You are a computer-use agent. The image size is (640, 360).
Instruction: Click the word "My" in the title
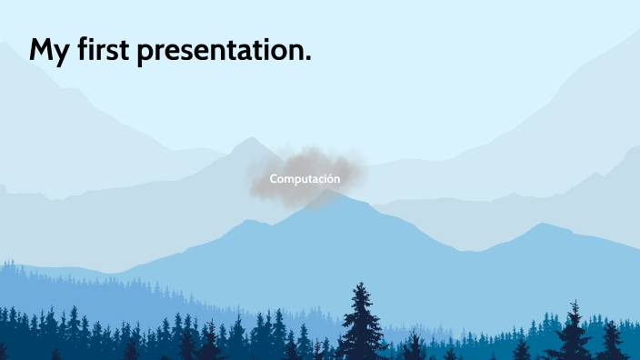coord(46,50)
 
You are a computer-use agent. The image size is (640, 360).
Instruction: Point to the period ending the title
coord(307,60)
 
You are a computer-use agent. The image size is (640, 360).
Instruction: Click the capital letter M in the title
coord(41,49)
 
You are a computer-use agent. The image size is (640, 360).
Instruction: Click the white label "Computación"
coord(305,179)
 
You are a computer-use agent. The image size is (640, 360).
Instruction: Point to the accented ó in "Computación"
coord(328,179)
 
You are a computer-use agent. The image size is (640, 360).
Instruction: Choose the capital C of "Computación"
coord(274,179)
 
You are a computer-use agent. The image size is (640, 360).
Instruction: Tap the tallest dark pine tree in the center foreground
coord(363,323)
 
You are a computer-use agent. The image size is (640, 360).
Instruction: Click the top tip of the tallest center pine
coord(362,284)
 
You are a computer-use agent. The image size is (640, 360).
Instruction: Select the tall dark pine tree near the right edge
coord(574,332)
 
